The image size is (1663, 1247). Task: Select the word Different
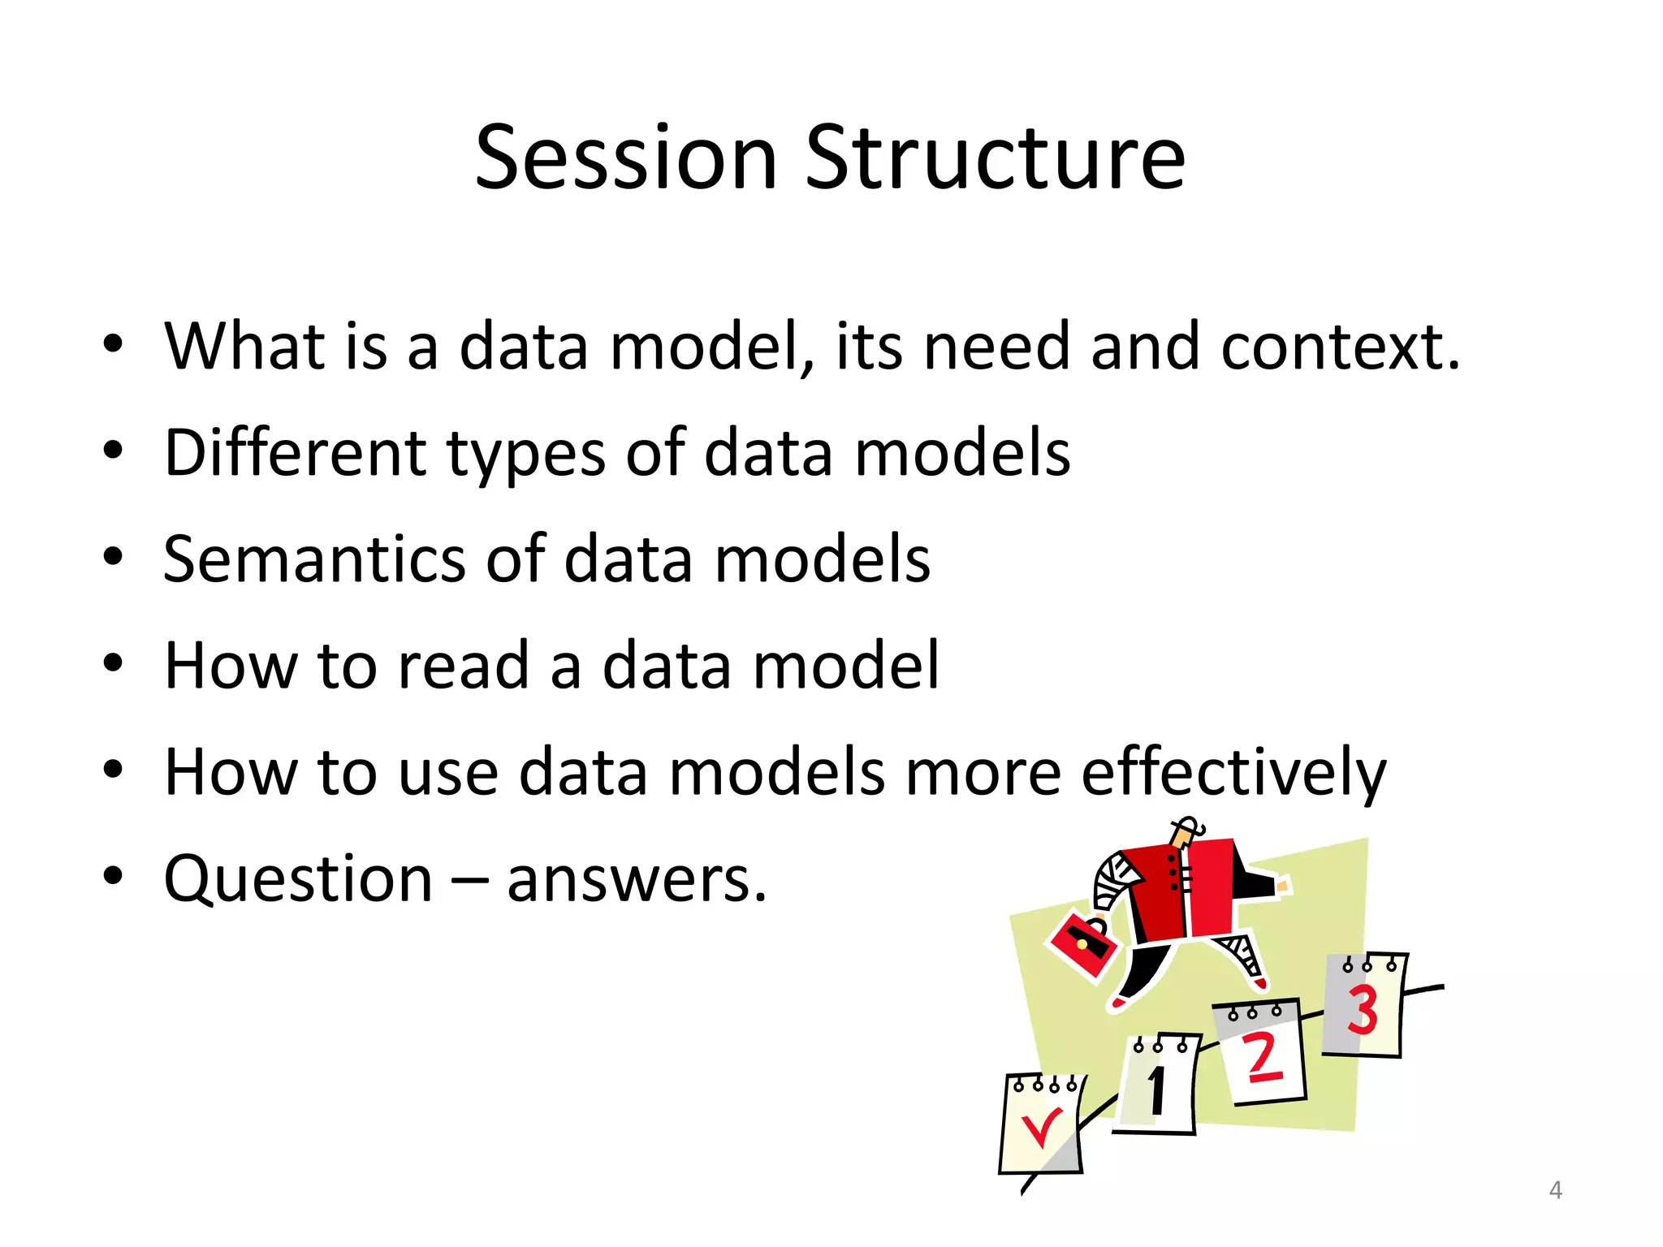point(294,452)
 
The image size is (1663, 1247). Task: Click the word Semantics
point(314,559)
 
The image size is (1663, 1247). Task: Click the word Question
point(298,879)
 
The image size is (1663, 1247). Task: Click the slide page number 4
point(1555,1190)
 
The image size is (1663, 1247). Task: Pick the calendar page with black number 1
point(1157,1086)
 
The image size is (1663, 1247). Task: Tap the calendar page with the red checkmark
point(1041,1127)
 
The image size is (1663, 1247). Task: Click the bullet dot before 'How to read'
point(113,663)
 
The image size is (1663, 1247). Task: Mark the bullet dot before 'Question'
point(113,876)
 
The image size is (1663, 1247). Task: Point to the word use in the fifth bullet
point(448,774)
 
